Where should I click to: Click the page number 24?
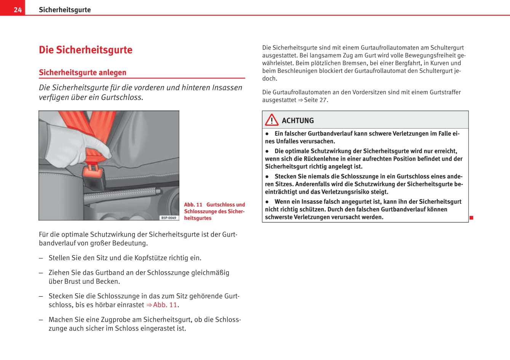point(18,10)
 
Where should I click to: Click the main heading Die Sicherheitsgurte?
point(86,50)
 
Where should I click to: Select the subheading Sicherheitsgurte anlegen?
point(83,72)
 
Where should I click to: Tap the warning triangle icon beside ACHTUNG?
point(272,120)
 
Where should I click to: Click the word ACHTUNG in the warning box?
point(298,121)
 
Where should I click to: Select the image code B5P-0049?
point(169,218)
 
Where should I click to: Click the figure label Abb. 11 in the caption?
point(193,205)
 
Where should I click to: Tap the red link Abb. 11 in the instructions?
point(165,305)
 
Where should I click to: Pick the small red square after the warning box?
point(471,218)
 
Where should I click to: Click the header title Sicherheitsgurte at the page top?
point(65,10)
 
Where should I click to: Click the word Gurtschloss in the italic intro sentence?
point(121,98)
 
